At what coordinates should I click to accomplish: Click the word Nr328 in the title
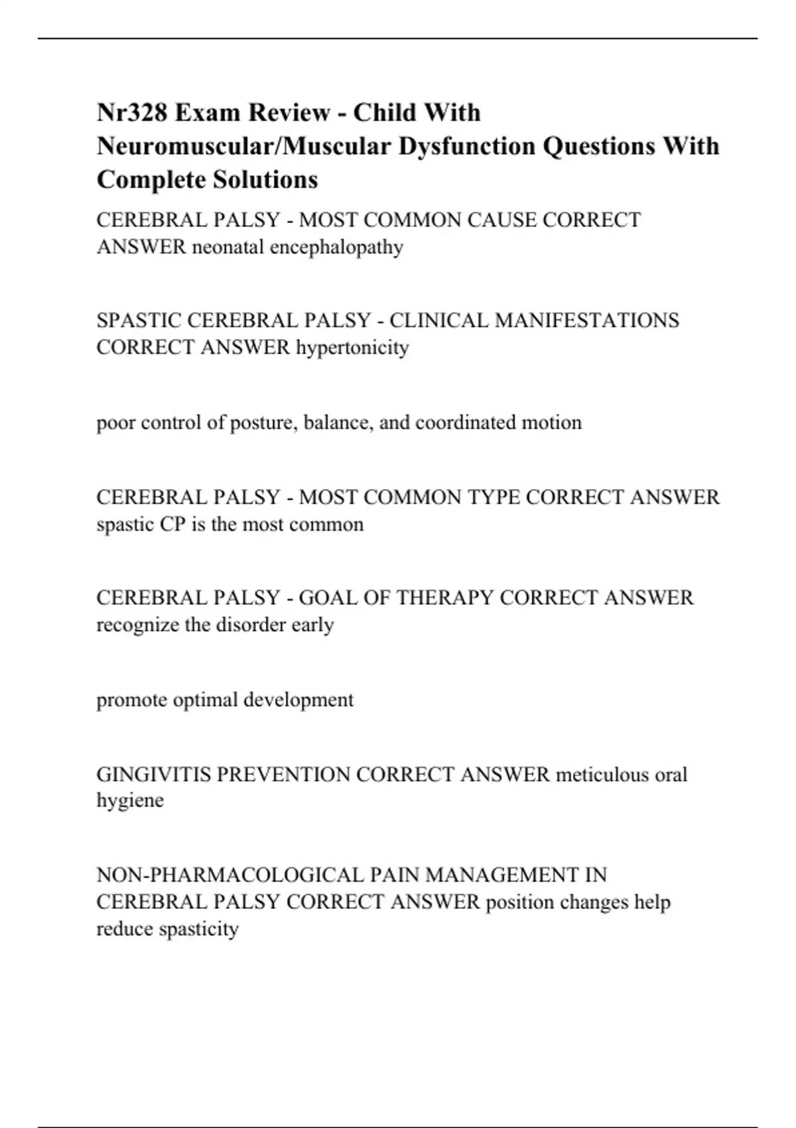click(131, 113)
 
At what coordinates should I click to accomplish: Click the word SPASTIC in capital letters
click(139, 320)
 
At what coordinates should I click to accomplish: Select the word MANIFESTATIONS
click(587, 320)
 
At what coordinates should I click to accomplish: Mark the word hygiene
click(130, 801)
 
